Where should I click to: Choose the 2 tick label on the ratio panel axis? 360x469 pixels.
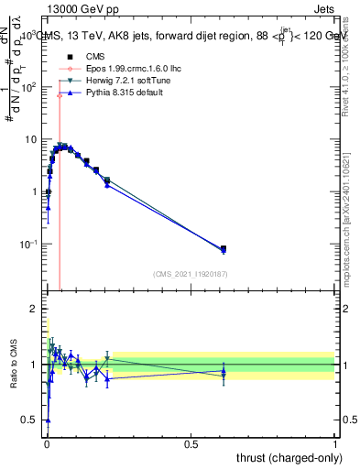coord(34,307)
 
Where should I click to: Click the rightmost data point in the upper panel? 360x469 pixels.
coord(224,248)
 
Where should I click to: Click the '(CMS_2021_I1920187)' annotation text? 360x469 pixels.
coord(190,273)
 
